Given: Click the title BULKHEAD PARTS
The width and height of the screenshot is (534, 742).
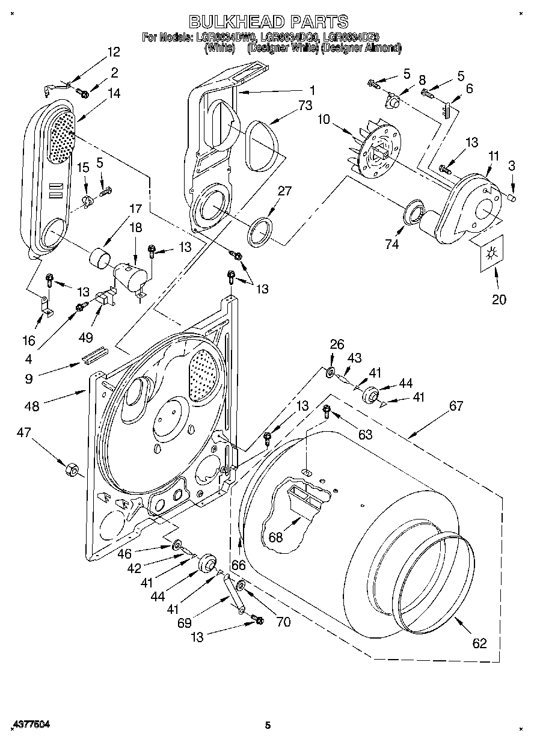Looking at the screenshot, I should pos(269,22).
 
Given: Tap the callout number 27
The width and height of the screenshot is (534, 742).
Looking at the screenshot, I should pos(284,191).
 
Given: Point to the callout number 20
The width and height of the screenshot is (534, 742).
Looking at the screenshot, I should pos(499,299).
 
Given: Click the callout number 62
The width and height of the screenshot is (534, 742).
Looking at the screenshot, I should pos(479,643).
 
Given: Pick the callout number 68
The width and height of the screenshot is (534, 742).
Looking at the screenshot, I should pos(275,537).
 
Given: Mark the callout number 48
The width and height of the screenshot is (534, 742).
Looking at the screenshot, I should pos(31,406).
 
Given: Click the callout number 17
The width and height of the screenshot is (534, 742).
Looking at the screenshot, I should pos(135,209).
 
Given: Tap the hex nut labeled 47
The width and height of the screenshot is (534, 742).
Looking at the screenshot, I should pos(73,468).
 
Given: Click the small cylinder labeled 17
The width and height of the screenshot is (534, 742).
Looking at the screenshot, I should pos(100,260).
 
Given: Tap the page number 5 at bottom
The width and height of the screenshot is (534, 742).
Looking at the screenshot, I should pos(268,726).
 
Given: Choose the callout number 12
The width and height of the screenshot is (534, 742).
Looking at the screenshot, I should pos(113,52).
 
